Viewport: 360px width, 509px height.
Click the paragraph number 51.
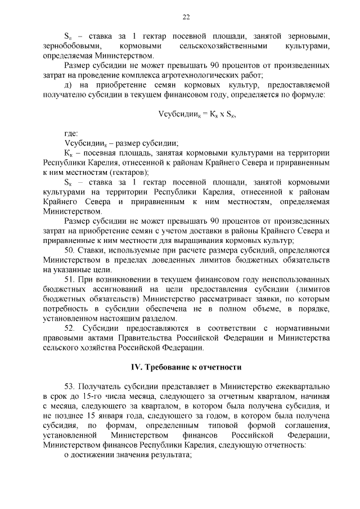70,280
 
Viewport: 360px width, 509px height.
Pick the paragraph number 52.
70,328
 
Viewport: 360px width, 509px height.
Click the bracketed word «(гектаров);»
127,172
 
